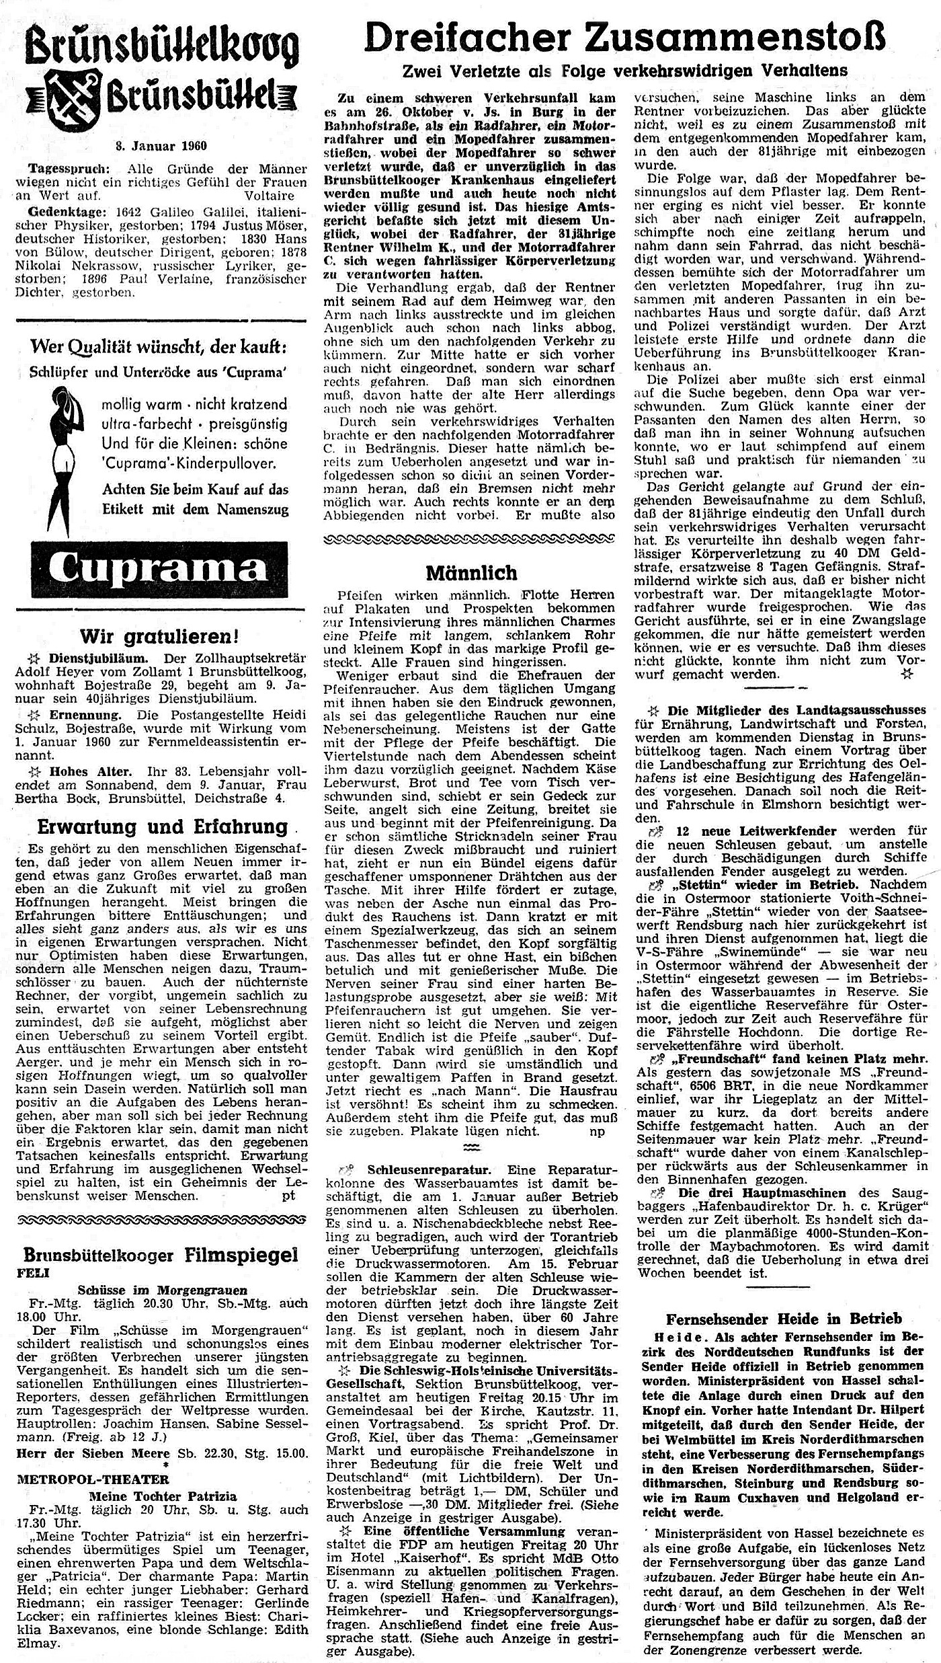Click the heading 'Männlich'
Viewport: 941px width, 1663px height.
point(471,573)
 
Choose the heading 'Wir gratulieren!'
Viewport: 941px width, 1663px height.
point(159,635)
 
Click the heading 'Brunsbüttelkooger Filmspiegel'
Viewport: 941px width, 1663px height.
point(161,1255)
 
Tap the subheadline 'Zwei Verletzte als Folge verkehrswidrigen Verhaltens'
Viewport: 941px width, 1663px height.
point(624,71)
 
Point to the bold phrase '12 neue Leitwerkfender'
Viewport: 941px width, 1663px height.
point(743,831)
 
